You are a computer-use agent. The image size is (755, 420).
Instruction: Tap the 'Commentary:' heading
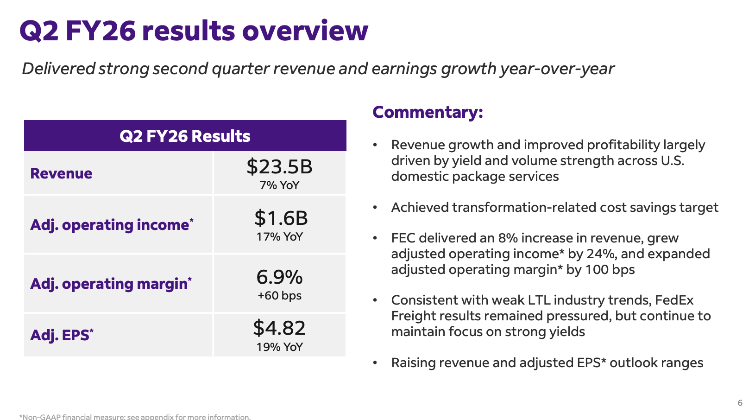coord(428,112)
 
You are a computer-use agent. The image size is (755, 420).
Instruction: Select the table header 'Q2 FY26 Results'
coord(185,136)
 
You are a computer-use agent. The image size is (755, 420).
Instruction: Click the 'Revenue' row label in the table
coord(61,173)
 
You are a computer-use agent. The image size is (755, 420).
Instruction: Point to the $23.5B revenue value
coord(279,166)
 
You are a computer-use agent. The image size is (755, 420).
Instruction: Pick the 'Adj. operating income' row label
coord(112,225)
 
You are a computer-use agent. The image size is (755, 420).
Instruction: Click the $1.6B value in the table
coord(281,218)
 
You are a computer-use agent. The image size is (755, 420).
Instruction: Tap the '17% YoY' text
coord(279,237)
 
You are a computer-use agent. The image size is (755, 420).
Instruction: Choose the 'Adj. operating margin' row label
coord(111,284)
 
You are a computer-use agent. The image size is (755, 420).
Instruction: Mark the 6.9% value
coord(279,277)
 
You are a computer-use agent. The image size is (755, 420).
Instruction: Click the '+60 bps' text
coord(279,296)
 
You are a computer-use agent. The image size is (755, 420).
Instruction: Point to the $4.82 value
coord(279,328)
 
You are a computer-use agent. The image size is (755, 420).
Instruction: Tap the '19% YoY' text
coord(279,347)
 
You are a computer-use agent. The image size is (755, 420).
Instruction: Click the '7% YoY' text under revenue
coord(279,185)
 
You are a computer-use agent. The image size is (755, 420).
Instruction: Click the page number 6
coord(740,403)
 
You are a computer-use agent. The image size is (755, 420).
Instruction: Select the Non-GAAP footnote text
coord(135,417)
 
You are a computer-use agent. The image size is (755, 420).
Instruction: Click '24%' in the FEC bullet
coord(601,254)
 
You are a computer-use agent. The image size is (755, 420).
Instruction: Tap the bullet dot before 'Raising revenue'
coord(375,363)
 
